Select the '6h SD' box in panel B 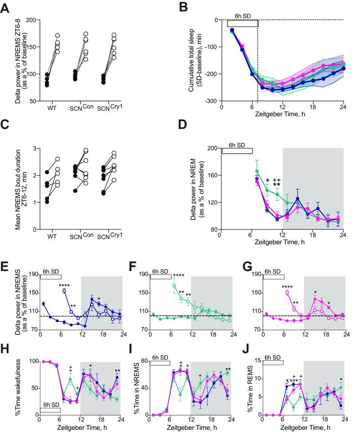point(243,23)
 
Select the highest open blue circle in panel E point(64,291)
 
